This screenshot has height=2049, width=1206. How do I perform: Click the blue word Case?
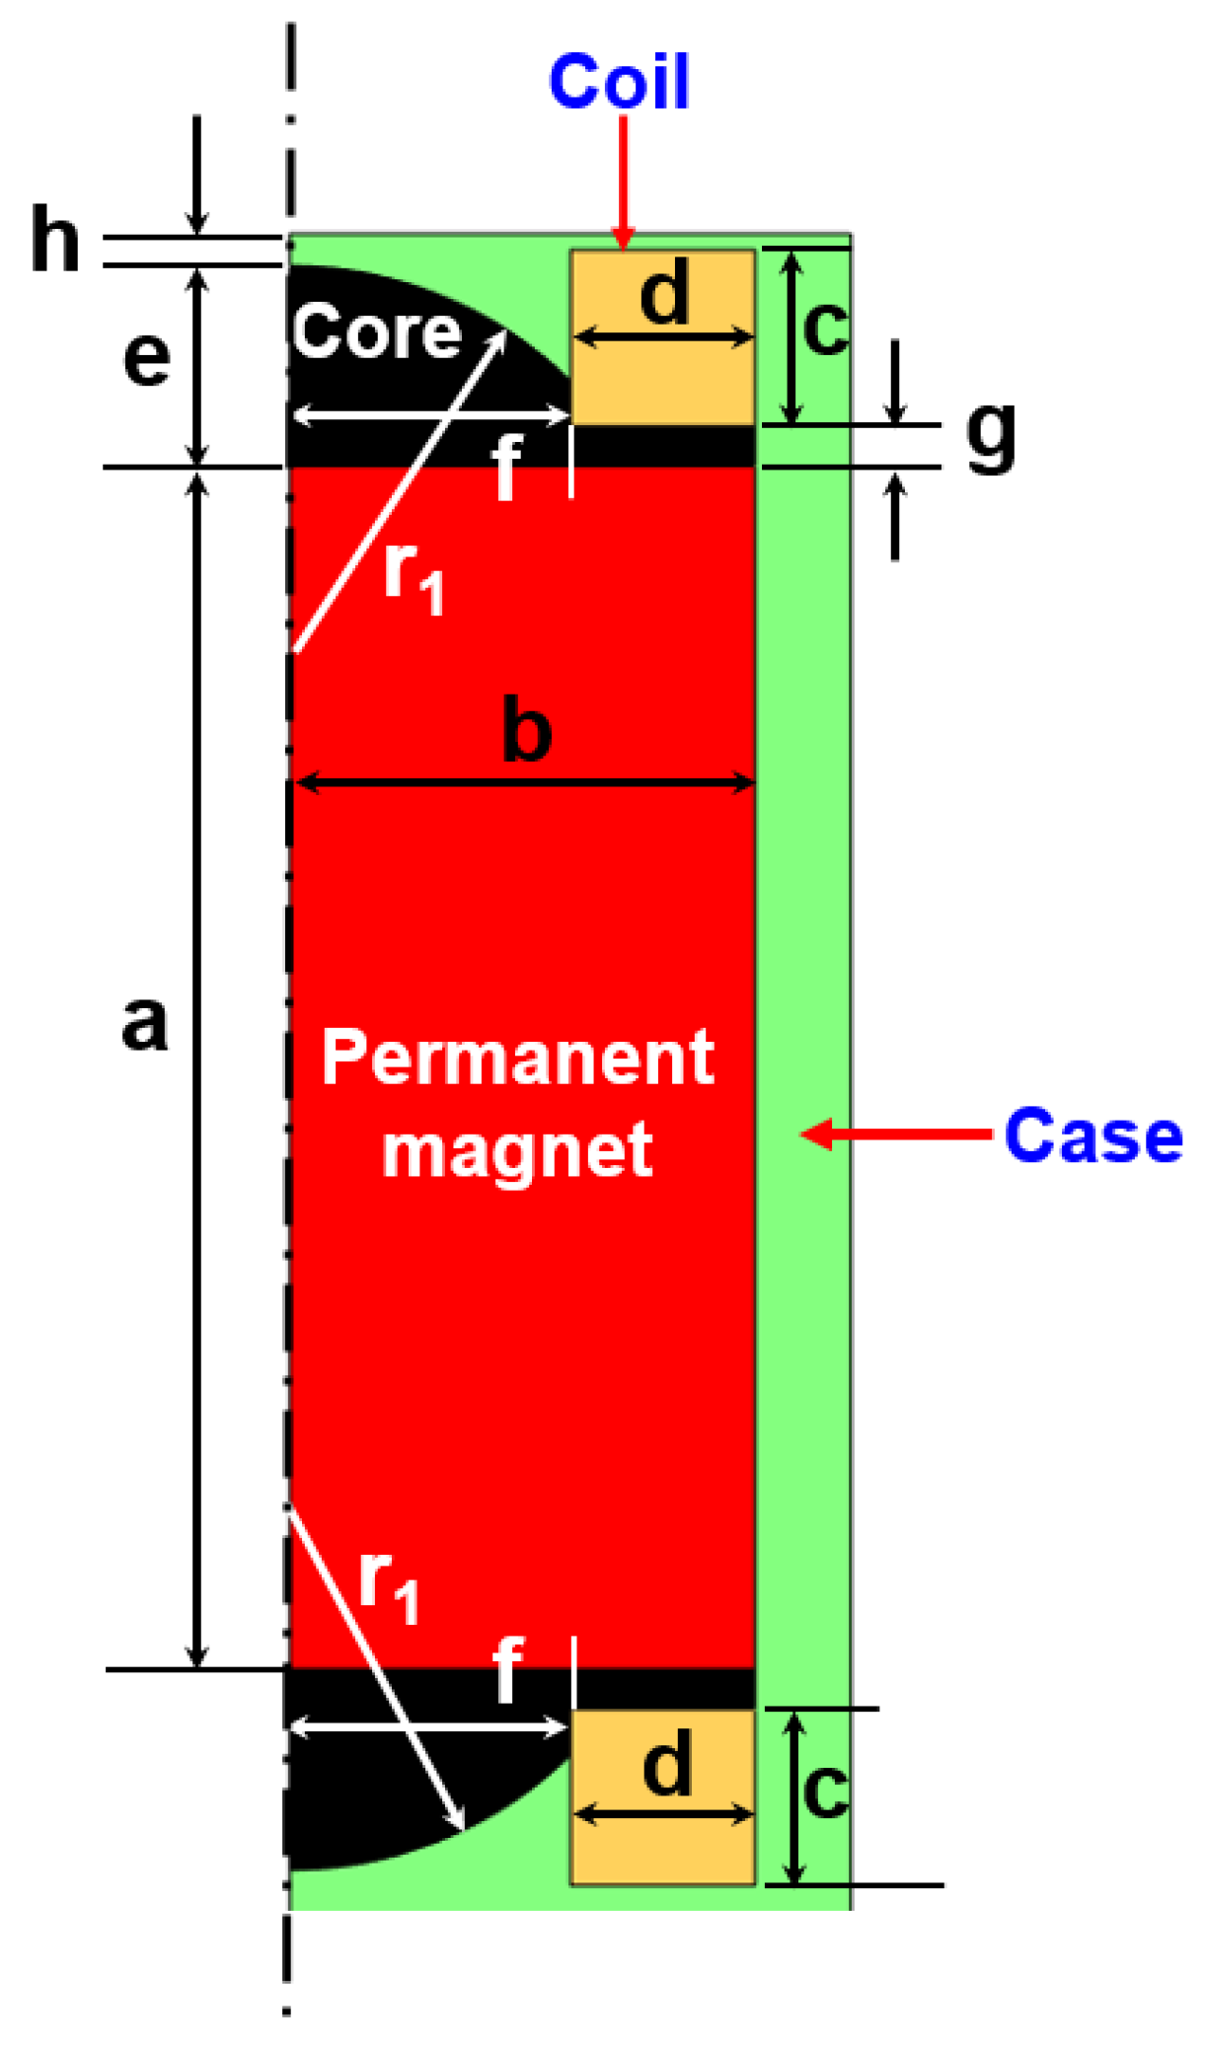click(1093, 1135)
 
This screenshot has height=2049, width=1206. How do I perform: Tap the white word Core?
click(377, 331)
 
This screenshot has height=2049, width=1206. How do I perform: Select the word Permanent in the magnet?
click(518, 1058)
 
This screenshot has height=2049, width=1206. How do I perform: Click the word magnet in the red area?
click(517, 1149)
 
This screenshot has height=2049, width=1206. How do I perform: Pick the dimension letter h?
click(54, 239)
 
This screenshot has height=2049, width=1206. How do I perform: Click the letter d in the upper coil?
click(664, 294)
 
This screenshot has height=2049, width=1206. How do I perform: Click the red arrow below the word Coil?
click(623, 183)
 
